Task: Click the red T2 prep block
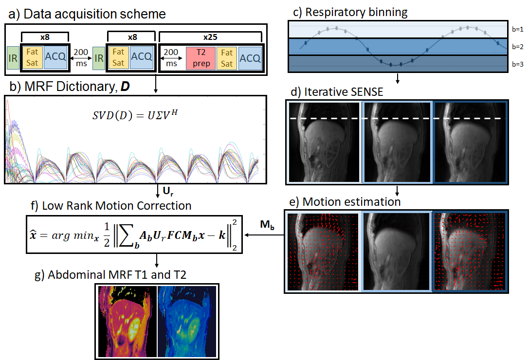pos(201,58)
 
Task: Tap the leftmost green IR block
pos(12,58)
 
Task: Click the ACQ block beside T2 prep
pos(249,58)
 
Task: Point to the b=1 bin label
pos(517,30)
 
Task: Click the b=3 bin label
pos(517,64)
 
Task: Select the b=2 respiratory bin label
pos(517,47)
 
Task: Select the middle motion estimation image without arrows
pos(396,252)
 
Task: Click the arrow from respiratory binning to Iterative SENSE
pos(398,77)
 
